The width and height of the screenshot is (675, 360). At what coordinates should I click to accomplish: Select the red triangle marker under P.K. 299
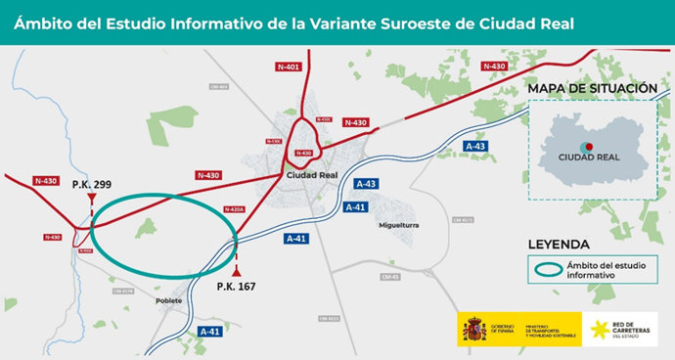point(91,199)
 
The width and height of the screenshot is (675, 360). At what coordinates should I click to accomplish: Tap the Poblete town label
point(169,300)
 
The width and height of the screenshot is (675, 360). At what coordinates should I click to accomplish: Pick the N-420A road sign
point(233,208)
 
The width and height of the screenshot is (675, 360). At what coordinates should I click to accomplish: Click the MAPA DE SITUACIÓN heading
point(592,89)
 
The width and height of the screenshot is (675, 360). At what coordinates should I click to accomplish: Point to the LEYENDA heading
point(559,244)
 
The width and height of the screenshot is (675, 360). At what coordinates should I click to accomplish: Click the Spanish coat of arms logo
point(471,329)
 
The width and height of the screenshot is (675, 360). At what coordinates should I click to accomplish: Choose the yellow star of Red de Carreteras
point(598,329)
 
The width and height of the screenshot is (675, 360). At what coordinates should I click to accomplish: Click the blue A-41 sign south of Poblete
point(209,332)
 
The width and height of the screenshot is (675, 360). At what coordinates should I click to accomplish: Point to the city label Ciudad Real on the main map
point(312,176)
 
